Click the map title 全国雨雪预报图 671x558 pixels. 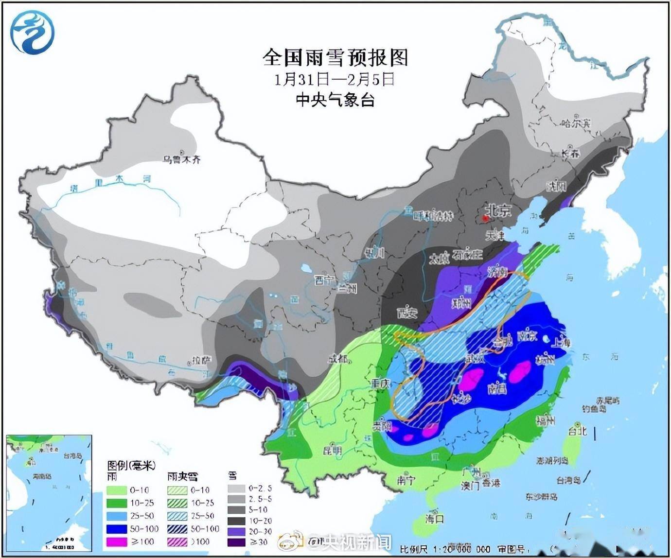[335, 58]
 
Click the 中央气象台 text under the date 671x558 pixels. [335, 100]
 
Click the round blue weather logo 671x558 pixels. [33, 32]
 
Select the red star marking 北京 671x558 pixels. [485, 219]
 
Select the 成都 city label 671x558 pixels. [338, 359]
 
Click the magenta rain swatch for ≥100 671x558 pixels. [118, 541]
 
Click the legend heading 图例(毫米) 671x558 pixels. [131, 466]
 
